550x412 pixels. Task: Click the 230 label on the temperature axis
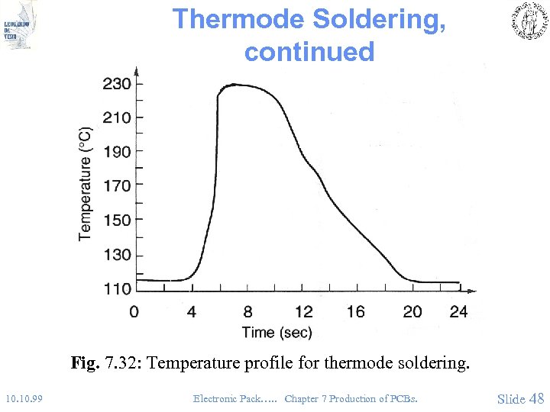point(117,83)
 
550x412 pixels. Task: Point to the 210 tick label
point(117,117)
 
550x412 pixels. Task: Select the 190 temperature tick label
point(117,152)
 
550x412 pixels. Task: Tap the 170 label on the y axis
point(117,185)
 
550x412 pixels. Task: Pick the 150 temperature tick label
point(117,220)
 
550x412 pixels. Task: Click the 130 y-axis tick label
point(117,254)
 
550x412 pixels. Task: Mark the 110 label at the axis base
point(117,288)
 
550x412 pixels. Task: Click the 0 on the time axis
point(134,311)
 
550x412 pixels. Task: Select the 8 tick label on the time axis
point(247,311)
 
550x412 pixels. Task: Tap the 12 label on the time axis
point(303,311)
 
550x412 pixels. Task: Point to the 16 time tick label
point(355,311)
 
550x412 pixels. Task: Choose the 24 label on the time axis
point(458,311)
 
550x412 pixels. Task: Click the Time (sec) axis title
point(277,332)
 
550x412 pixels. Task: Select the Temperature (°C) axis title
point(85,184)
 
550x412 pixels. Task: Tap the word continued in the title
point(309,52)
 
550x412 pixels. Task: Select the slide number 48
point(536,398)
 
